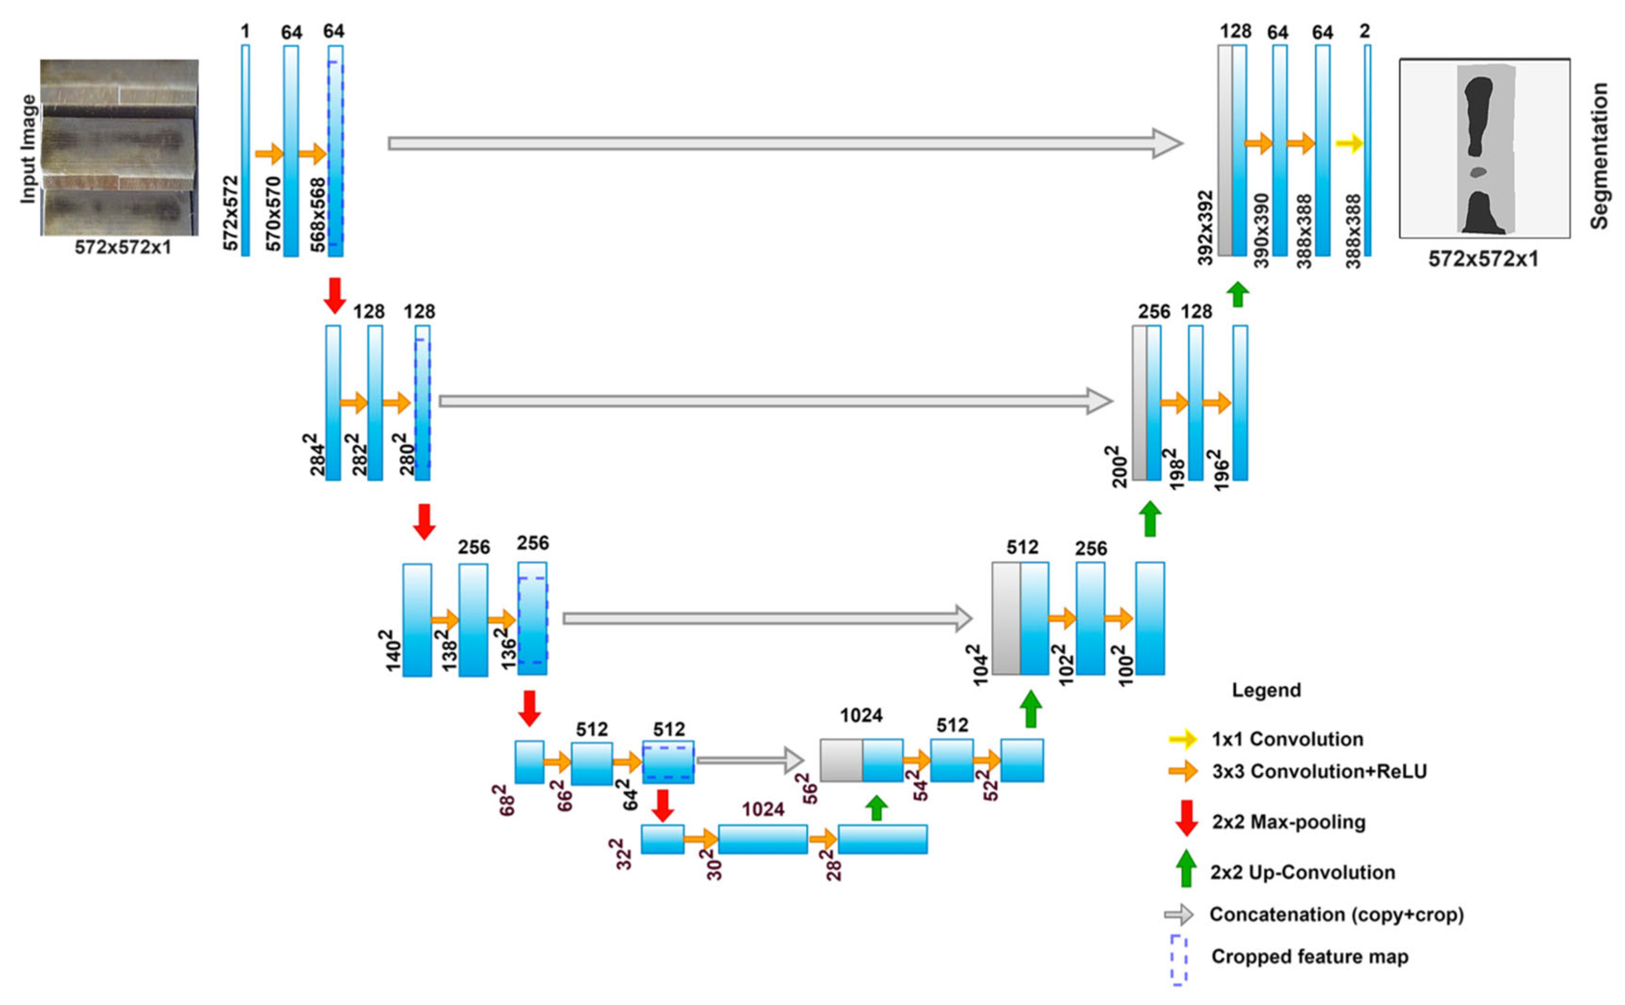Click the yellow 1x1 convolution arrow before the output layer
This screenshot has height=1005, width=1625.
[x=1348, y=143]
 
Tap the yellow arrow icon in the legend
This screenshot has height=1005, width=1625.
[x=1182, y=739]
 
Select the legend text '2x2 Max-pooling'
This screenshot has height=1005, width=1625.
[x=1288, y=822]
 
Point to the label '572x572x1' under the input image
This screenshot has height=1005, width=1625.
[x=122, y=247]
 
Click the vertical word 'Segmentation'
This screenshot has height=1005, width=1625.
[x=1600, y=156]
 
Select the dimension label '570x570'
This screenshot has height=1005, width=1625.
[x=273, y=214]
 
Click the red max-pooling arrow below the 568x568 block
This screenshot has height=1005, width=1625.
[x=335, y=295]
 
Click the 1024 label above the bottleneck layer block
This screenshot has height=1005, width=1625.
[x=763, y=809]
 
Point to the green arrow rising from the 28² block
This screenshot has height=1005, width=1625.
[x=877, y=808]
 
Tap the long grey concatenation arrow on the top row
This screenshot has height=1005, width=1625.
[x=785, y=143]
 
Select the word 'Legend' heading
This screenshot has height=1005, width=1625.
[x=1266, y=690]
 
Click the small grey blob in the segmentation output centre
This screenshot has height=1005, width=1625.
[x=1478, y=172]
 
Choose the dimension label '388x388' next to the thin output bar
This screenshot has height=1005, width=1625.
[x=1353, y=231]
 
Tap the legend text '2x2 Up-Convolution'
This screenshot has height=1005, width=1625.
[x=1302, y=872]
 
